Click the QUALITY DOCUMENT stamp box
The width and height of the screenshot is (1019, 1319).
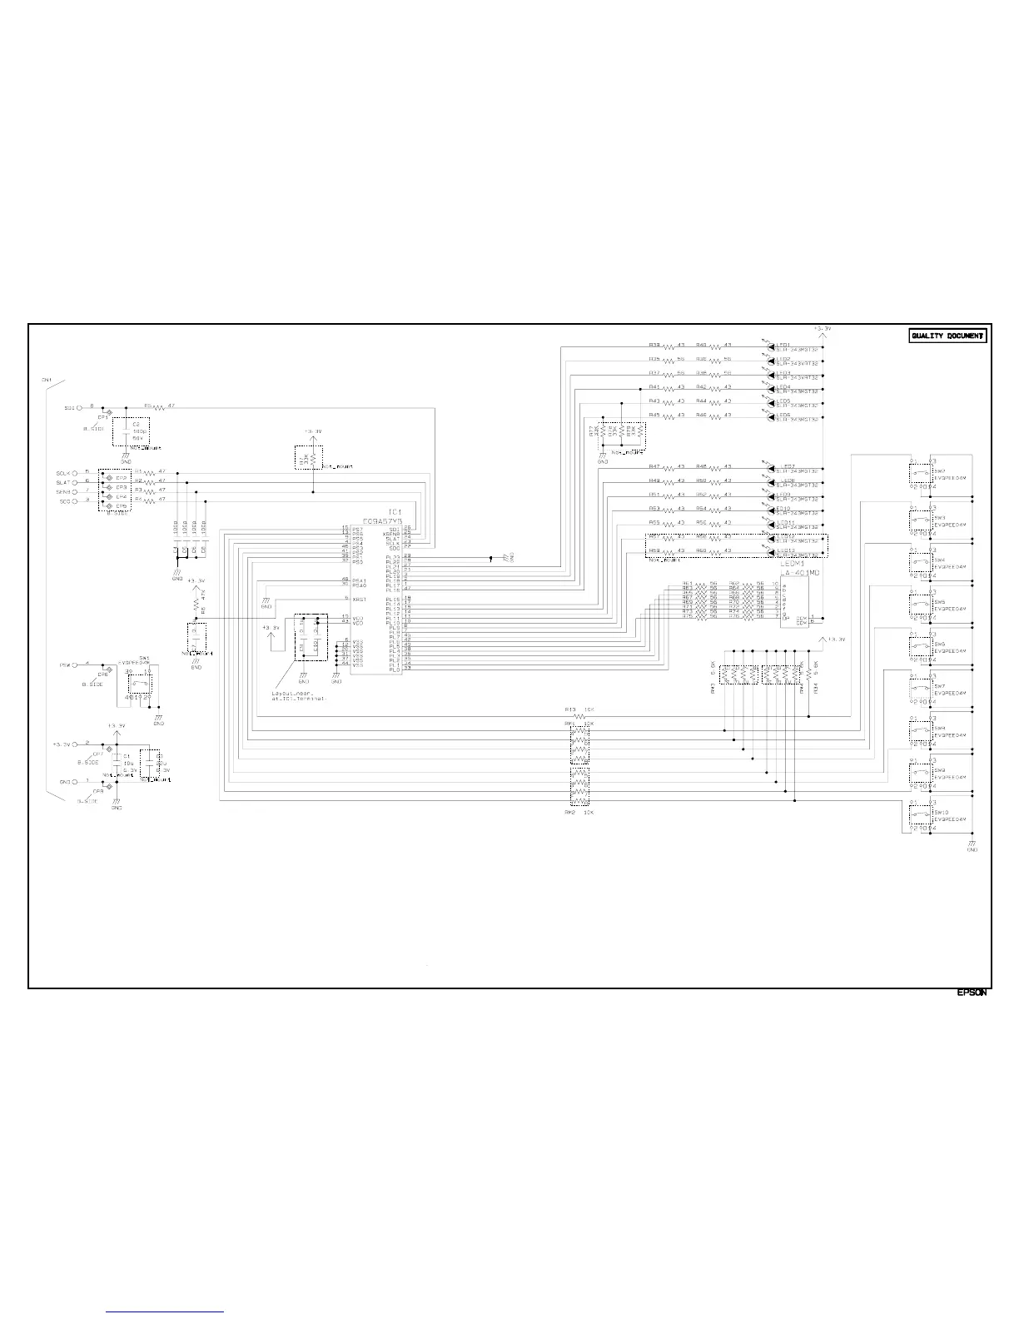[x=947, y=336]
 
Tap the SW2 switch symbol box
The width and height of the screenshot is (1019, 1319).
[x=919, y=475]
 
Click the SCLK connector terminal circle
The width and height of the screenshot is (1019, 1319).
[x=79, y=473]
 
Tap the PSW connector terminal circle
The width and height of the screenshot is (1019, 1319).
[x=79, y=665]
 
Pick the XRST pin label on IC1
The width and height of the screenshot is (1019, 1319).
[x=360, y=599]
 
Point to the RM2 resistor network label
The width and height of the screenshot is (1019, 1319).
[x=569, y=811]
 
